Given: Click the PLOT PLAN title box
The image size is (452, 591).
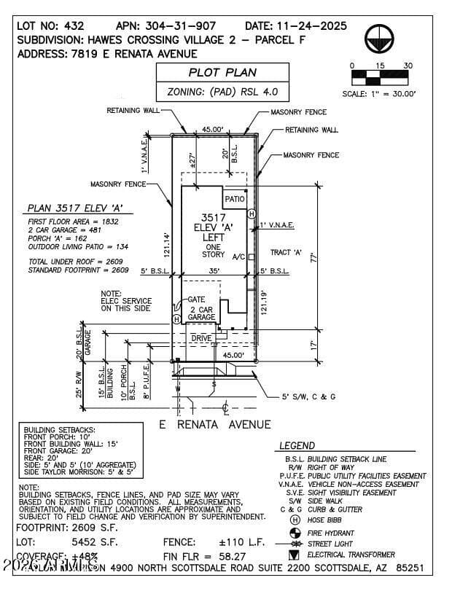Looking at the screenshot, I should (222, 72).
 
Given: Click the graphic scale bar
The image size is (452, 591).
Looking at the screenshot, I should (381, 74).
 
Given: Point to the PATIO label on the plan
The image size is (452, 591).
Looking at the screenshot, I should (235, 198).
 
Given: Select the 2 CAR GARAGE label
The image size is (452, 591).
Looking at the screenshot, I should (201, 313).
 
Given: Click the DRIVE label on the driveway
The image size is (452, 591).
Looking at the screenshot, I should (201, 338).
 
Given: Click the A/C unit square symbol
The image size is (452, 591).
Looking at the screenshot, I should (251, 257).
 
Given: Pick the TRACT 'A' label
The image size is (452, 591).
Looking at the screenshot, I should (287, 252).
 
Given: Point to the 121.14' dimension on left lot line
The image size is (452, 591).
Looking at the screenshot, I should (166, 246).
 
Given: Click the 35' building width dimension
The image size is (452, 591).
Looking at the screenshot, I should (213, 270).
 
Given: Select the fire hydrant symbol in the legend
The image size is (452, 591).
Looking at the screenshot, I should (295, 532).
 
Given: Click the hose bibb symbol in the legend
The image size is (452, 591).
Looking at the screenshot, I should (295, 520).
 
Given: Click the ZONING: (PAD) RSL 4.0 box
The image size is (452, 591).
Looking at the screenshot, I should (222, 93).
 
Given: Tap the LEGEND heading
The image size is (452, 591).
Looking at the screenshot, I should (297, 445).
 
